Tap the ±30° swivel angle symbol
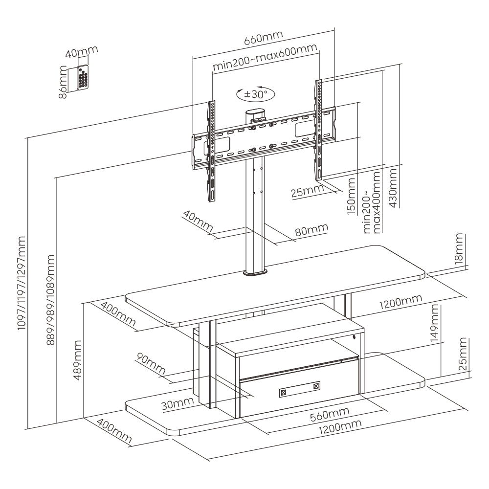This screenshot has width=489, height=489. [255, 93]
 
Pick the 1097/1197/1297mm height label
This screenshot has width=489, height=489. [21, 284]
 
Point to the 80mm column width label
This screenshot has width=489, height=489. [311, 229]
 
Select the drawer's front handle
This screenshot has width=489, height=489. [299, 390]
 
